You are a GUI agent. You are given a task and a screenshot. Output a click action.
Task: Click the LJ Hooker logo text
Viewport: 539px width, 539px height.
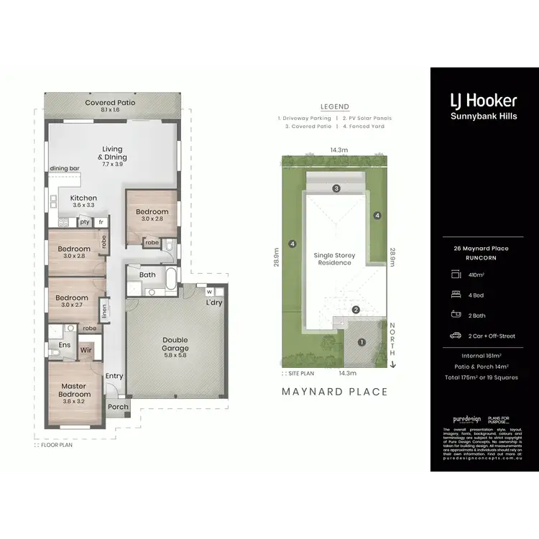coord(483,100)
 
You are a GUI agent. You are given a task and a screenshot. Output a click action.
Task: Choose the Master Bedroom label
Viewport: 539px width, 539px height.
coord(74,390)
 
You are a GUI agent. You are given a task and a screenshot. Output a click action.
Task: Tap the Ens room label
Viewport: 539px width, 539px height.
coord(64,345)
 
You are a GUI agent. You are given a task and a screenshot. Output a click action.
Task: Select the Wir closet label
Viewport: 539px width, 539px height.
coord(86,350)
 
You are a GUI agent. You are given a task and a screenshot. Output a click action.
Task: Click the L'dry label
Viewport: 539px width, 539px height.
coord(213,303)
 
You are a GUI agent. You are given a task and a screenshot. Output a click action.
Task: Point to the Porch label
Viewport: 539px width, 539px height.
coord(118,407)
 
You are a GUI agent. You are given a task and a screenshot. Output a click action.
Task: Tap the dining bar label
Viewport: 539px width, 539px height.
coord(64,168)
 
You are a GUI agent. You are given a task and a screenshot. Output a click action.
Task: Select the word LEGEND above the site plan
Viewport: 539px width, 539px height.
coord(334,106)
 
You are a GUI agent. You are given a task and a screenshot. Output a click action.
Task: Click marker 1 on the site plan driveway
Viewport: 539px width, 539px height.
coord(361,342)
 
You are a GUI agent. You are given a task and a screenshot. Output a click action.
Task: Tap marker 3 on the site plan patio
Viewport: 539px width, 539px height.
coord(336,188)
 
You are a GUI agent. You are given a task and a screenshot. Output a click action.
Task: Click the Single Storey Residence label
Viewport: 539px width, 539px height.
coord(335,259)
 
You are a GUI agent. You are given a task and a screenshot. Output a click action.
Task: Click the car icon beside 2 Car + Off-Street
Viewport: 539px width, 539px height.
coord(455,335)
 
